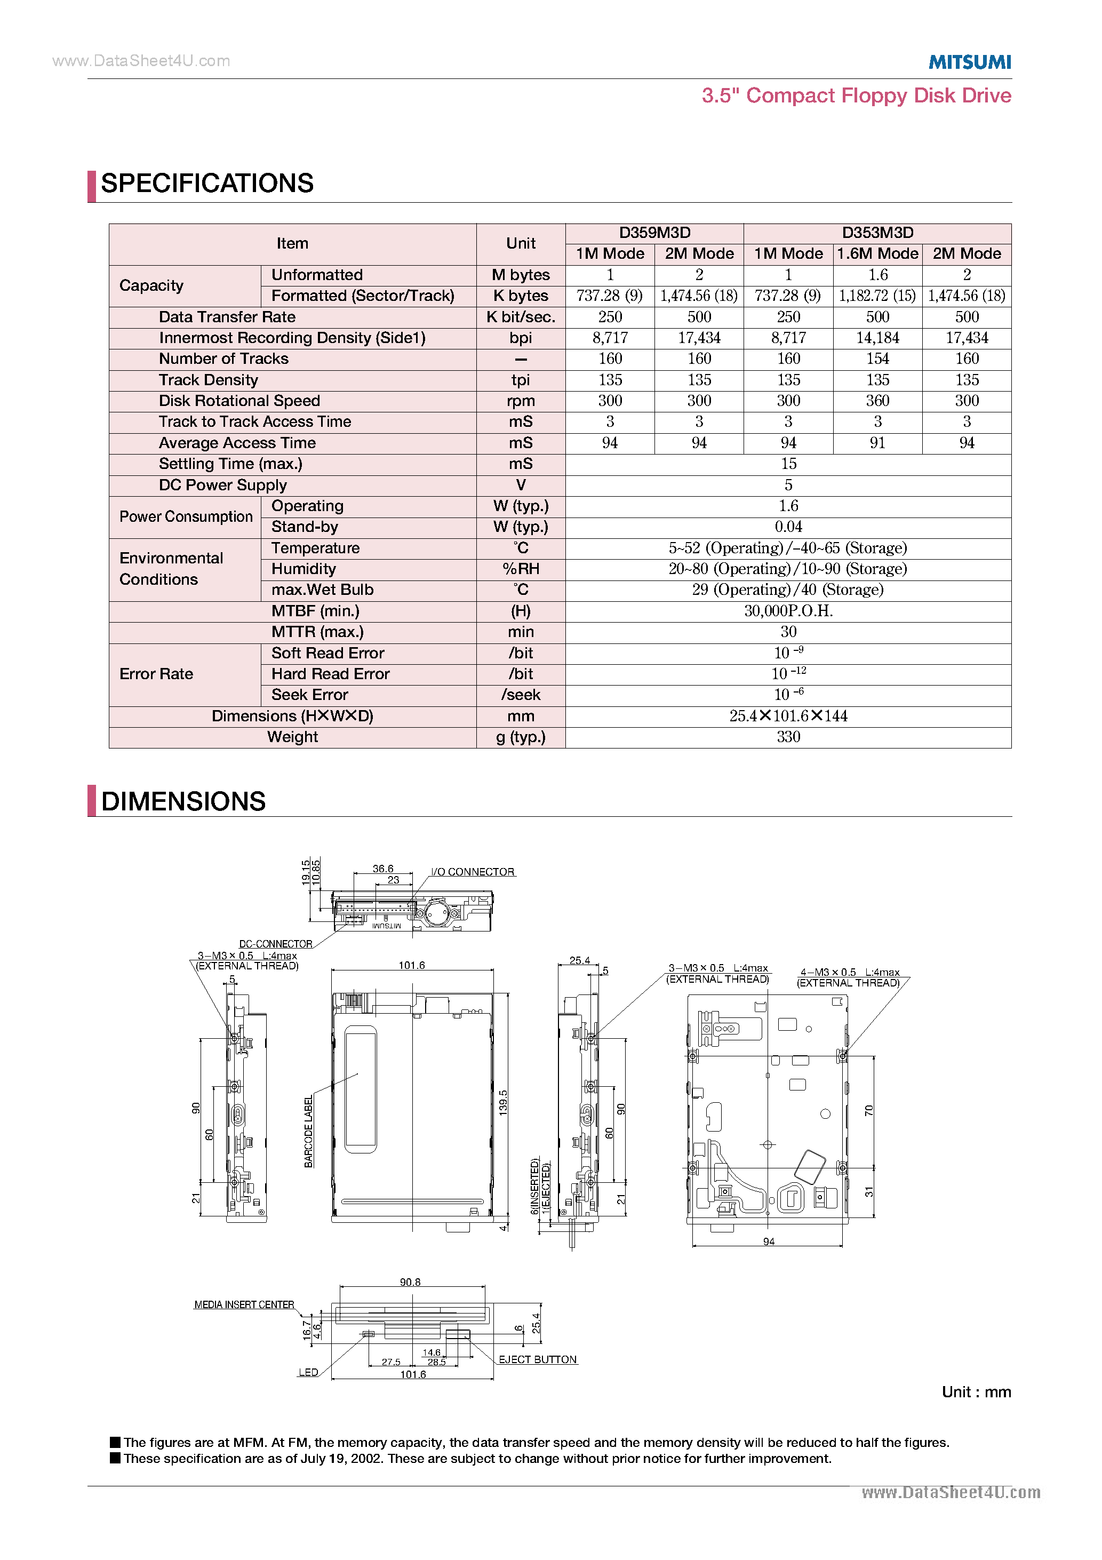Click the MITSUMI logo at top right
(x=970, y=62)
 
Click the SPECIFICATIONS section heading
(x=207, y=184)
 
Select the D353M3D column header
(x=877, y=233)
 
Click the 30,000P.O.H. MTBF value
(x=788, y=611)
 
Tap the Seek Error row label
(x=310, y=695)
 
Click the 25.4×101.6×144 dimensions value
(x=788, y=715)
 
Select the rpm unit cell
(x=521, y=401)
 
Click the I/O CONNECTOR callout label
(x=473, y=872)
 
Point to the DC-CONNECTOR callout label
(x=276, y=944)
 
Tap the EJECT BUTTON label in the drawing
(x=538, y=1359)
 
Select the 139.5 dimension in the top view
(x=504, y=1103)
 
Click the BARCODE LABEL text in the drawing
(x=308, y=1131)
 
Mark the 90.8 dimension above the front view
(x=410, y=1282)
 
